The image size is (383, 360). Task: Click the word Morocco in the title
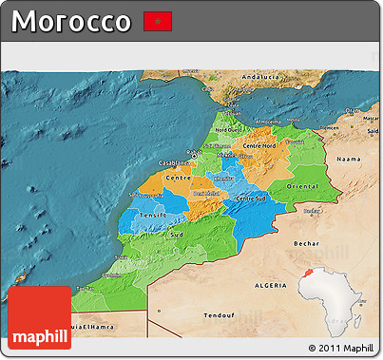(72, 21)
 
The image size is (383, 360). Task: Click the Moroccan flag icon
(157, 21)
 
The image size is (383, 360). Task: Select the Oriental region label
(302, 187)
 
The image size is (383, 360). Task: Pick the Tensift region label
(153, 216)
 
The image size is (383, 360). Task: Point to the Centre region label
(179, 178)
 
